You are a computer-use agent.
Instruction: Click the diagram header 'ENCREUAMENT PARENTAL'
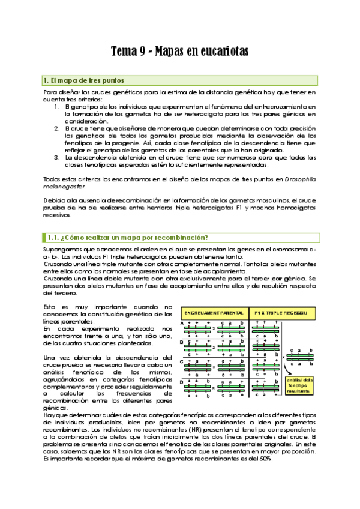tap(214, 313)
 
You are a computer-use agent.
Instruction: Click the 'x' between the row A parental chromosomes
tap(214, 329)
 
